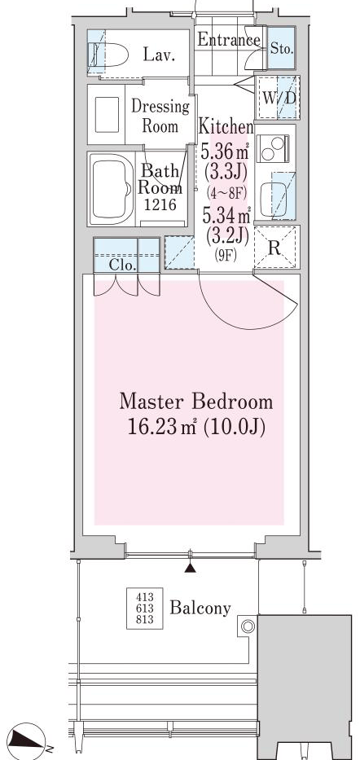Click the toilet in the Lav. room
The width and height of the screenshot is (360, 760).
(108, 55)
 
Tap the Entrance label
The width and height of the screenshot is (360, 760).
(229, 40)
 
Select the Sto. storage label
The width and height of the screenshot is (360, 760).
(281, 48)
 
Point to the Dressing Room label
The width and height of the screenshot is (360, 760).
(160, 116)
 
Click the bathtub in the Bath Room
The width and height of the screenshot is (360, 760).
(112, 188)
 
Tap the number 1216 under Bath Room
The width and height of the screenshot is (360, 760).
(160, 205)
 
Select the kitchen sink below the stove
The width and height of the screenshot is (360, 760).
(274, 195)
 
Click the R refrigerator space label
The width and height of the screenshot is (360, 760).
(274, 248)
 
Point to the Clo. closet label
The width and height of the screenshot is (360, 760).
(122, 265)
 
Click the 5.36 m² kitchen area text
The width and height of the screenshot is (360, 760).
(226, 152)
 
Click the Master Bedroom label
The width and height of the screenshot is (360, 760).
(196, 402)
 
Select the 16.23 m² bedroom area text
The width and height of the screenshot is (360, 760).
(196, 427)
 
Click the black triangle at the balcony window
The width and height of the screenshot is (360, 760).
(191, 568)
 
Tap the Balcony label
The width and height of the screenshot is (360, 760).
(200, 608)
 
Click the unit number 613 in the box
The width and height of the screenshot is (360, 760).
(144, 608)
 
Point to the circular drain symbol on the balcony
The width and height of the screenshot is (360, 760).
(248, 626)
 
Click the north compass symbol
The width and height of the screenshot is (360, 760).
(27, 740)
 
